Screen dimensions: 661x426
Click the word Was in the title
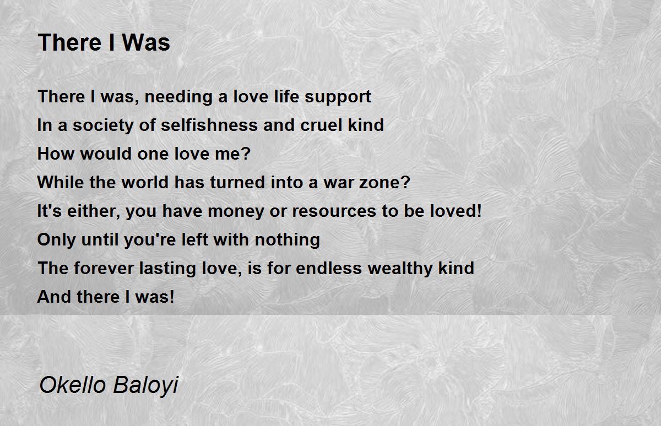click(x=146, y=43)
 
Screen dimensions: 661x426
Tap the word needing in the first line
click(x=178, y=97)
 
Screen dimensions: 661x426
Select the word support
click(x=338, y=97)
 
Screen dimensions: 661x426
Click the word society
click(x=104, y=125)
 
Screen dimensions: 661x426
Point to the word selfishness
click(x=209, y=125)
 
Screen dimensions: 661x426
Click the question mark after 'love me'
click(x=246, y=154)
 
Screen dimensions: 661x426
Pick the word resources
click(x=334, y=212)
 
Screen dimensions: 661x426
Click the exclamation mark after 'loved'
click(x=479, y=210)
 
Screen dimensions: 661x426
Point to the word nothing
click(x=287, y=239)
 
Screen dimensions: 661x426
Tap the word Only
click(x=56, y=239)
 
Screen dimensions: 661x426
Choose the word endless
click(x=328, y=268)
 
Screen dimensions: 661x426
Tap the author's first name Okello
click(x=73, y=385)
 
